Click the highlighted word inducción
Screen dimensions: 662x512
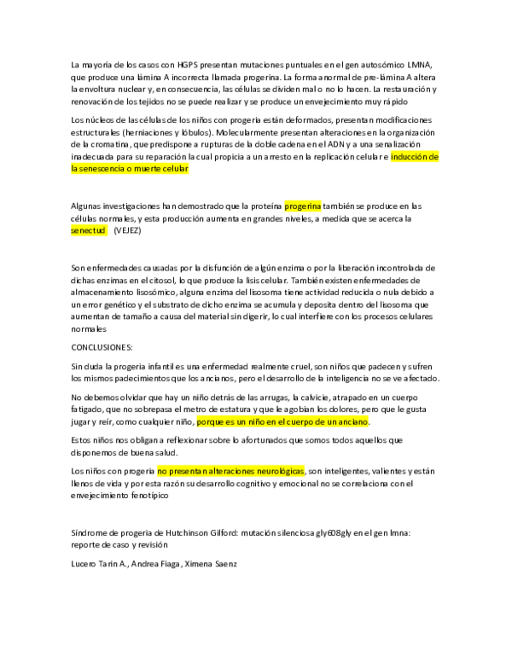(x=409, y=157)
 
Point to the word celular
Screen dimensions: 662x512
(x=177, y=169)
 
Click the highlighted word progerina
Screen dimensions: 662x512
(x=303, y=206)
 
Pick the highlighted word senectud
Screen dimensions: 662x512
(x=88, y=231)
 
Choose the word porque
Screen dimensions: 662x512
(x=210, y=421)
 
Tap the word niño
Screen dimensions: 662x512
(x=255, y=421)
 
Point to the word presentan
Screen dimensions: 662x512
(x=188, y=471)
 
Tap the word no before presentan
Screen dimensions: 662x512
(x=162, y=471)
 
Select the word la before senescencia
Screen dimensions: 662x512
(x=74, y=169)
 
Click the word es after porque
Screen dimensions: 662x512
(x=230, y=421)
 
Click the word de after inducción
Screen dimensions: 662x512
(x=433, y=157)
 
